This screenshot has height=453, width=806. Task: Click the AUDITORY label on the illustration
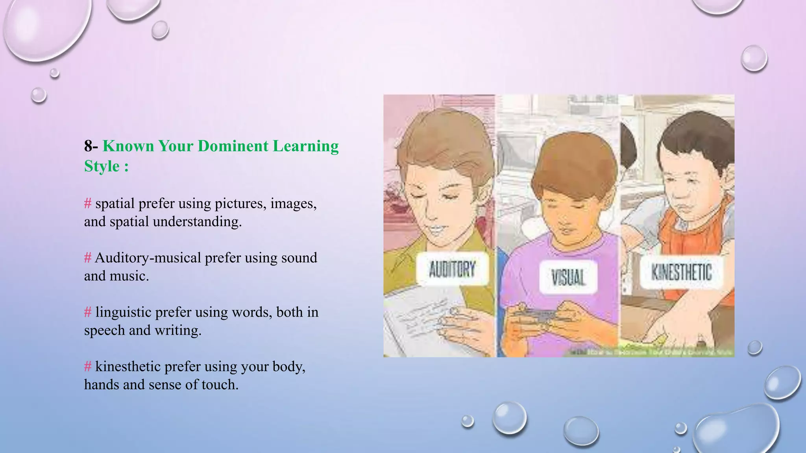point(452,269)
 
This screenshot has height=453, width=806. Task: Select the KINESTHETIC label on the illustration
point(681,273)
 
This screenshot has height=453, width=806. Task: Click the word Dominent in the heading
point(233,146)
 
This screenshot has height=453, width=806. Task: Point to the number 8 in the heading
point(88,146)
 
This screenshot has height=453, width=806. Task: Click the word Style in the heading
point(102,166)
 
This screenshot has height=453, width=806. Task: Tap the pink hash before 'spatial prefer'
point(88,204)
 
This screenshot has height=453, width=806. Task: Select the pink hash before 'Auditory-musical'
point(88,258)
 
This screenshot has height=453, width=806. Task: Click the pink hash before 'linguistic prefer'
point(88,312)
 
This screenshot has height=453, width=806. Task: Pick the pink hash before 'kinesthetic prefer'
point(88,366)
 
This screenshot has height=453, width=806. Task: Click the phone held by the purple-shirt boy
point(541,315)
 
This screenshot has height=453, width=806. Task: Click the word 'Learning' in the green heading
point(306,146)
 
